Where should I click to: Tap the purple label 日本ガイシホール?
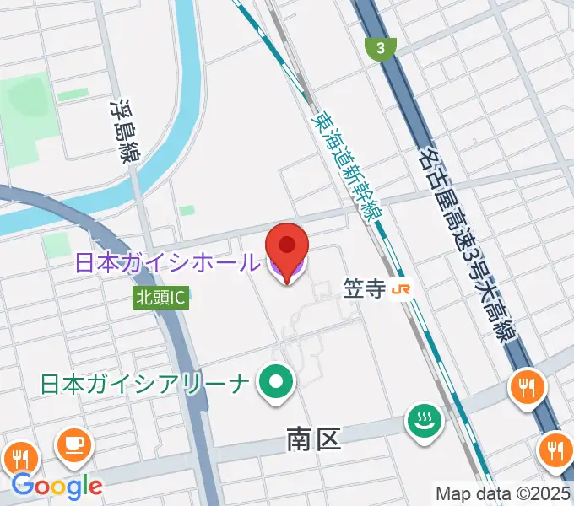click(167, 263)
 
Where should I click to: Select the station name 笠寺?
click(365, 289)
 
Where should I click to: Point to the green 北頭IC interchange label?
click(160, 297)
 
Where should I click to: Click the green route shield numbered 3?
click(382, 49)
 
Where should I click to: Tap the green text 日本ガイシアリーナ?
click(145, 385)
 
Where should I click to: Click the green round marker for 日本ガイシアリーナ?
click(275, 384)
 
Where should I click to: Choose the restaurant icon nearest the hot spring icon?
click(528, 387)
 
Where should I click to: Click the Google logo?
click(57, 486)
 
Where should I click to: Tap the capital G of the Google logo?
click(23, 485)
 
